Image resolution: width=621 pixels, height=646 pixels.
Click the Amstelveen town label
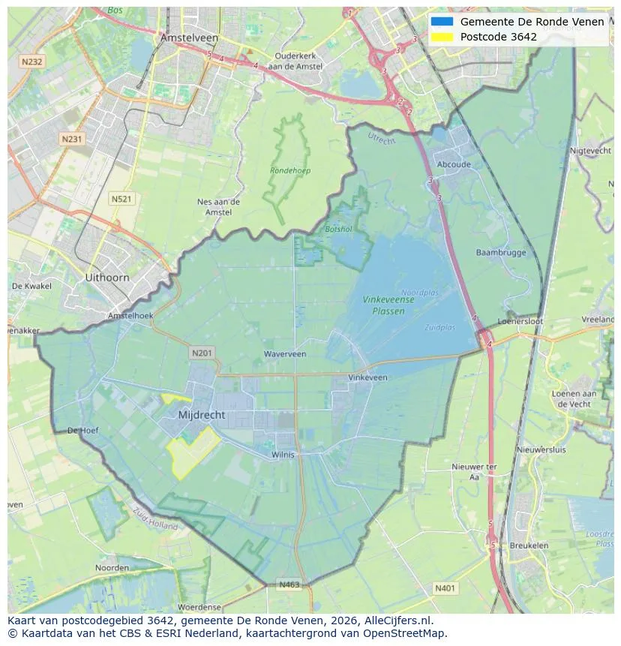pyautogui.click(x=189, y=38)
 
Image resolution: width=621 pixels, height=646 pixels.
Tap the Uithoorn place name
pyautogui.click(x=107, y=277)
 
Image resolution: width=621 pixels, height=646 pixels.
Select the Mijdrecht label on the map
pyautogui.click(x=202, y=415)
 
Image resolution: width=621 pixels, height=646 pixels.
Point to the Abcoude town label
pyautogui.click(x=454, y=165)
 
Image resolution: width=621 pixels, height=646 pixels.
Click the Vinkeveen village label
pyautogui.click(x=368, y=377)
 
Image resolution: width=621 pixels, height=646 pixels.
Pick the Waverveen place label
pyautogui.click(x=285, y=353)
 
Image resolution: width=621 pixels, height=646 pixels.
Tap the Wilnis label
pyautogui.click(x=283, y=454)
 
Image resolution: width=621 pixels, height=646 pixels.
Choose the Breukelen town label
pyautogui.click(x=528, y=545)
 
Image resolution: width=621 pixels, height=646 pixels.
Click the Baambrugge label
pyautogui.click(x=501, y=253)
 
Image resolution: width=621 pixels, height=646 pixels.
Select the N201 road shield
pyautogui.click(x=202, y=353)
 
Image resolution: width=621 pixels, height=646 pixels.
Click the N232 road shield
pyautogui.click(x=31, y=62)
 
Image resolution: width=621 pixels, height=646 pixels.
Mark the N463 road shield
pyautogui.click(x=289, y=584)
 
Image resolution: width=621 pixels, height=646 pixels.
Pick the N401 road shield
pyautogui.click(x=445, y=588)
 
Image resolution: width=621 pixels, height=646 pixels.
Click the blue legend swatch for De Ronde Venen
pyautogui.click(x=442, y=22)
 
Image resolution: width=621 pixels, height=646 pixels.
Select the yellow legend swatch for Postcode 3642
pyautogui.click(x=442, y=37)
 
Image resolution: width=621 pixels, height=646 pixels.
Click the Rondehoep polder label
pyautogui.click(x=290, y=170)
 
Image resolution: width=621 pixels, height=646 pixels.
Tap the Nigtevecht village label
pyautogui.click(x=591, y=151)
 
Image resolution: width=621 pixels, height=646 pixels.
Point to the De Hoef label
pyautogui.click(x=83, y=431)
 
